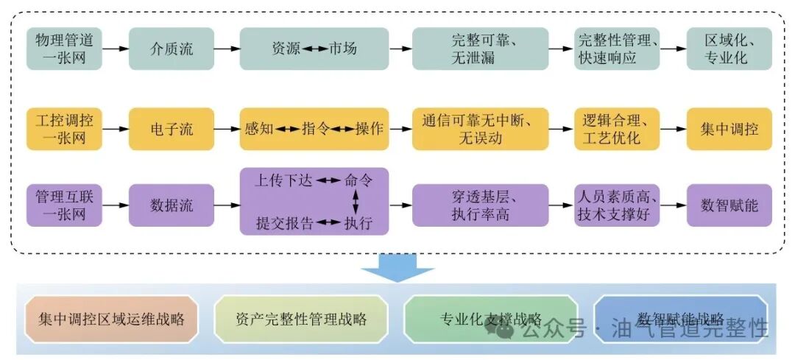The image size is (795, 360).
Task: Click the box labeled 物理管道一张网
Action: [x=64, y=49]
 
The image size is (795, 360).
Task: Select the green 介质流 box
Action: [x=172, y=49]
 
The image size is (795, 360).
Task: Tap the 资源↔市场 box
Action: [x=314, y=49]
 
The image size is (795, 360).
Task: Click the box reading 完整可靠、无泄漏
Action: [x=480, y=49]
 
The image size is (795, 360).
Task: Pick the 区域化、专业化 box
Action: [x=729, y=49]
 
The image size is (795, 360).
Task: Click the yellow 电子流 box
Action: [x=172, y=129]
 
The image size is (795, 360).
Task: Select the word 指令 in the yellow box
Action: [x=315, y=129]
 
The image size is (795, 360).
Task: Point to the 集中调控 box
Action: [x=729, y=129]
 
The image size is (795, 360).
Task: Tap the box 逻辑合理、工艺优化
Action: [x=617, y=129]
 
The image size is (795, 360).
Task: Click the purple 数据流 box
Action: [x=172, y=205]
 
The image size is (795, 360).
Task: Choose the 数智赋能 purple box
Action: [x=729, y=205]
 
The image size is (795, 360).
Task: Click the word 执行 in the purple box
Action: [x=358, y=222]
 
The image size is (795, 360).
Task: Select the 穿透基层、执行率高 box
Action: [x=480, y=205]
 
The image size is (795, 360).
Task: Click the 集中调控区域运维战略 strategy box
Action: [x=111, y=320]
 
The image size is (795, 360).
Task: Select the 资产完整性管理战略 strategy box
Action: [x=301, y=320]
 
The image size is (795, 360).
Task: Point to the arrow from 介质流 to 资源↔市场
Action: [x=227, y=49]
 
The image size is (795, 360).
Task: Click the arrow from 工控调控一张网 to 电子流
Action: [x=116, y=129]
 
